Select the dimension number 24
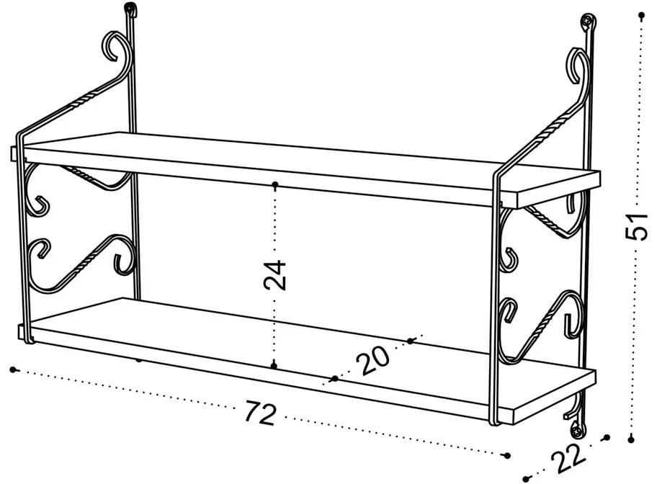(x=275, y=274)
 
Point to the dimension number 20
(x=373, y=359)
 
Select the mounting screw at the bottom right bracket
(x=578, y=431)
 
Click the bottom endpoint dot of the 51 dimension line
(x=632, y=437)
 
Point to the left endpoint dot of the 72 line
(x=13, y=369)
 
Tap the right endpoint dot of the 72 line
(x=506, y=455)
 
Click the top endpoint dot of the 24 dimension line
(x=275, y=185)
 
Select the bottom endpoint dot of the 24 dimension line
(x=274, y=366)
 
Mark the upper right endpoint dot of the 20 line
(x=409, y=340)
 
